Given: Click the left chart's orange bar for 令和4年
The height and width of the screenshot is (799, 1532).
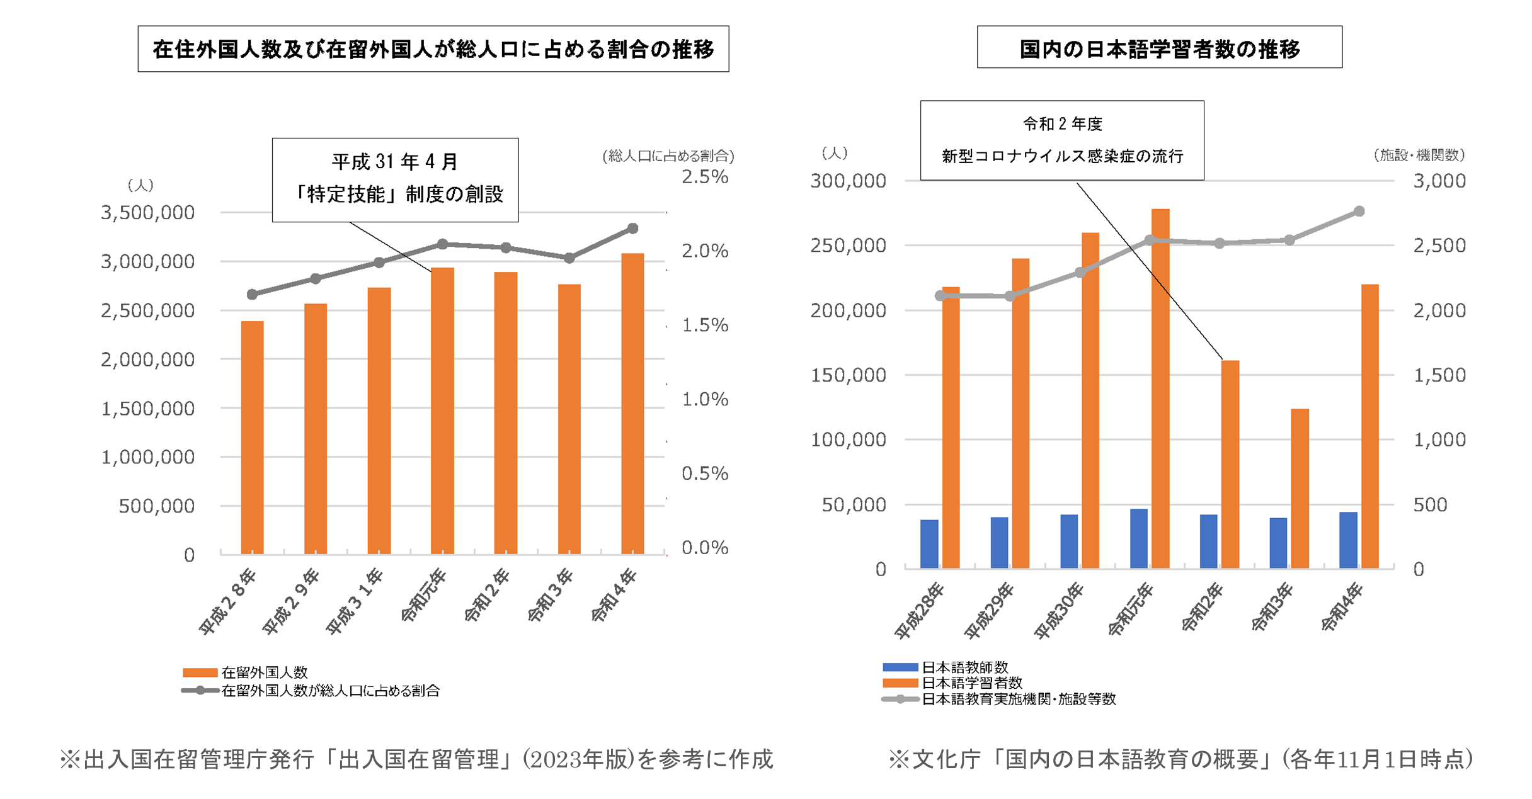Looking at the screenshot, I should pyautogui.click(x=632, y=403).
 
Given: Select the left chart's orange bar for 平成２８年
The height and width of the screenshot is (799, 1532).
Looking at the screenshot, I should pyautogui.click(x=252, y=438).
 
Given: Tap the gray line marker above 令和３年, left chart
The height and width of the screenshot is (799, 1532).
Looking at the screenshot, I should pyautogui.click(x=569, y=258).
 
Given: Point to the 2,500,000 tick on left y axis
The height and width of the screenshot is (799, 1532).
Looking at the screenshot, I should pyautogui.click(x=147, y=310).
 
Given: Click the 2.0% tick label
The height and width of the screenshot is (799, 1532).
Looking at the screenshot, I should pyautogui.click(x=704, y=251).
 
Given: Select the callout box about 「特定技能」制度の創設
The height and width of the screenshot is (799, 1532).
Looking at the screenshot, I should pyautogui.click(x=395, y=179).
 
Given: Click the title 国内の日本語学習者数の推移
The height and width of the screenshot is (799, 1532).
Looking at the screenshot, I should pyautogui.click(x=1159, y=48).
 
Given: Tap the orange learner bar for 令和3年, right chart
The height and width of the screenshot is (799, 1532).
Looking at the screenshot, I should pyautogui.click(x=1300, y=489).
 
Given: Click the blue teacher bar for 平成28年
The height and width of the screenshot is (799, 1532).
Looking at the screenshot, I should pyautogui.click(x=929, y=544).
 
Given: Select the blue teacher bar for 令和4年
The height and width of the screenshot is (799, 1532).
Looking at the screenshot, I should pyautogui.click(x=1348, y=540).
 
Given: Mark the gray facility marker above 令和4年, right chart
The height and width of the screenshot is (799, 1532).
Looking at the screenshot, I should pyautogui.click(x=1359, y=212).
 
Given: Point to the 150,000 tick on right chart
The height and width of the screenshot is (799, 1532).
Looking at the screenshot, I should pyautogui.click(x=848, y=375).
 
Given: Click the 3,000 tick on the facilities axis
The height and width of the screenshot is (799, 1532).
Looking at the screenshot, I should pyautogui.click(x=1439, y=181).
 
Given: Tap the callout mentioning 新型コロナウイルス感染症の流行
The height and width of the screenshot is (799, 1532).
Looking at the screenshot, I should pyautogui.click(x=1062, y=140).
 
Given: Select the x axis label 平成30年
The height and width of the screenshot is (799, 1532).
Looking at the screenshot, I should pyautogui.click(x=1059, y=610).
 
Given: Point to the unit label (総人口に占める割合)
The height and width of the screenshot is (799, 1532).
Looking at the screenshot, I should pyautogui.click(x=668, y=156).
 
